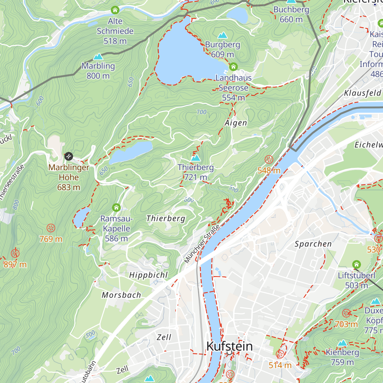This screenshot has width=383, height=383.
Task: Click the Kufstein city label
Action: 229,346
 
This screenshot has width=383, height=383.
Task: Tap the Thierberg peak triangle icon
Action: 195,158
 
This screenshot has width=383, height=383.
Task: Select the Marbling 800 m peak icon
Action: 98,57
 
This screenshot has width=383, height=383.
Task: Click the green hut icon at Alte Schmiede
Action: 115,10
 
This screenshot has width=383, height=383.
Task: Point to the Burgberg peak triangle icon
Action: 222,35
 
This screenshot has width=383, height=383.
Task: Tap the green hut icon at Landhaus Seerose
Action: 233,67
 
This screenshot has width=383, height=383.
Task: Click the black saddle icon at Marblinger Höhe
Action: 69,156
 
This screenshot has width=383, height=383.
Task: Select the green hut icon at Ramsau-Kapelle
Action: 116,208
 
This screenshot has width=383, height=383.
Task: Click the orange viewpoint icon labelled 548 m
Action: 269,159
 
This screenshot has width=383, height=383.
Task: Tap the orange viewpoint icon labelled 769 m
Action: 51,228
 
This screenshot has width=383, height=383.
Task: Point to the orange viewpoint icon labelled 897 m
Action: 15,253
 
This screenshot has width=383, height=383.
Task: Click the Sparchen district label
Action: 313,244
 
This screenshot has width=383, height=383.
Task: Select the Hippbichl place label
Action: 148,275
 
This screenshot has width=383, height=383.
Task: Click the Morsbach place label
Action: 121,295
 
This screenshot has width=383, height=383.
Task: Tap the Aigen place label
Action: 236,123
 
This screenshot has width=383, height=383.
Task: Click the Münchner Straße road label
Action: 202,244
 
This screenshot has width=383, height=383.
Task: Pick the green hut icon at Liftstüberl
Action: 357,265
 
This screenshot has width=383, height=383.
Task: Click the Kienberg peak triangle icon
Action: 342,343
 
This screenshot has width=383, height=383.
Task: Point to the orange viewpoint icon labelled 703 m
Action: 347,313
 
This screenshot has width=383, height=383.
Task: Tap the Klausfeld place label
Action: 363,93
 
